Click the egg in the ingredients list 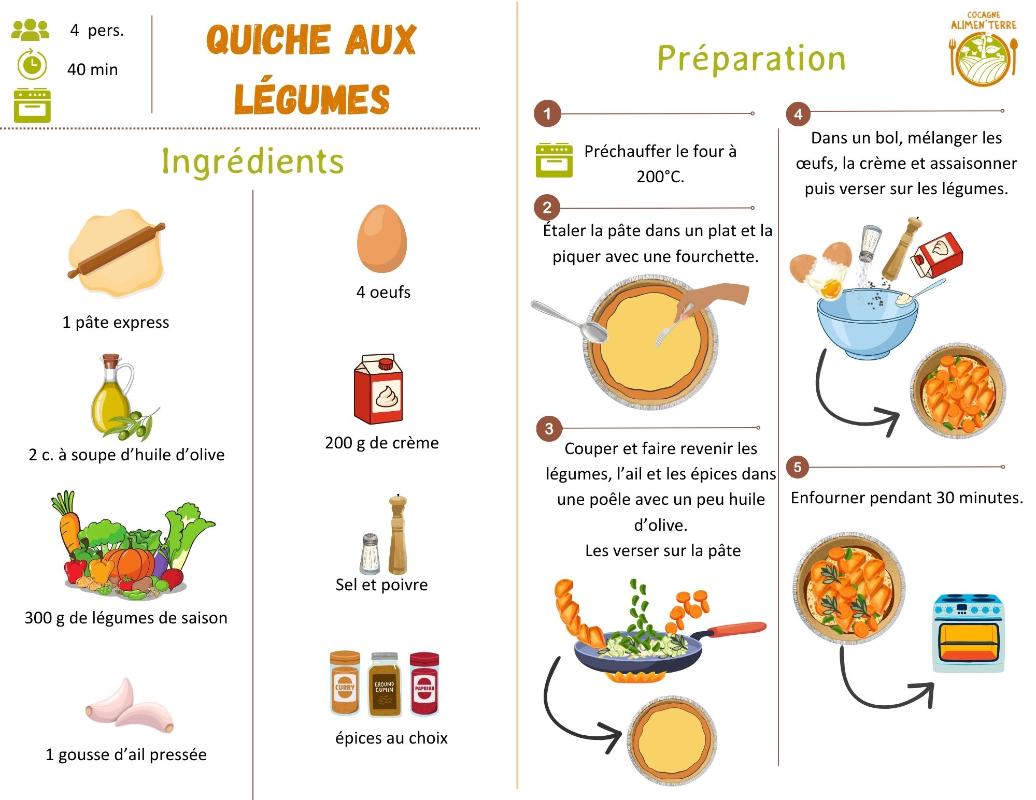point(382,238)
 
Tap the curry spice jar point(345,683)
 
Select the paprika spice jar point(424,683)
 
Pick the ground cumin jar point(385,685)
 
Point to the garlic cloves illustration point(130,706)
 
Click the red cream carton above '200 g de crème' point(378,389)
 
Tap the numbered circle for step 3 point(549,428)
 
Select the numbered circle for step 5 point(798,467)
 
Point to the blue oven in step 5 point(968,633)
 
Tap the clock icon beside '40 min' point(32,65)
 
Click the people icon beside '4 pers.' point(30,30)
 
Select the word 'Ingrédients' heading point(253,161)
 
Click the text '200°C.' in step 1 point(660,177)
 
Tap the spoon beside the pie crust point(569,321)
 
